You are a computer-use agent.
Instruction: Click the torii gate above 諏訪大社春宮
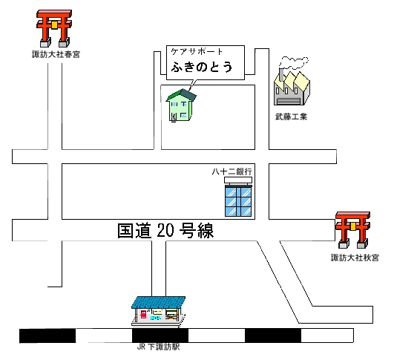pyautogui.click(x=54, y=28)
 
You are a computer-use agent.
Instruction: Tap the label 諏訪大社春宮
pyautogui.click(x=56, y=54)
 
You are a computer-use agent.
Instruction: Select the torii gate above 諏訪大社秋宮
pyautogui.click(x=352, y=230)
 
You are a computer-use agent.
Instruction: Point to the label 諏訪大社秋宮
pyautogui.click(x=355, y=258)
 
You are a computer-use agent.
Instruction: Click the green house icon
pyautogui.click(x=180, y=105)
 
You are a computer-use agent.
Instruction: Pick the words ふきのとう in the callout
pyautogui.click(x=202, y=67)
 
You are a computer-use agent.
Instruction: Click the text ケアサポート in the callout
pyautogui.click(x=197, y=51)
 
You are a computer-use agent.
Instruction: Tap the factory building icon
pyautogui.click(x=292, y=88)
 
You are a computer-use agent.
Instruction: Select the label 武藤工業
pyautogui.click(x=291, y=117)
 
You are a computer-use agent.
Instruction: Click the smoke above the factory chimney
pyautogui.click(x=294, y=62)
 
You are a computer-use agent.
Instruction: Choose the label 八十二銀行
pyautogui.click(x=232, y=171)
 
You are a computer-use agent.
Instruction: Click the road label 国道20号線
pyautogui.click(x=165, y=231)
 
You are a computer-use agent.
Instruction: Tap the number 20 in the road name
pyautogui.click(x=165, y=231)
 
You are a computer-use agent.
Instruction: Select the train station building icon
pyautogui.click(x=159, y=311)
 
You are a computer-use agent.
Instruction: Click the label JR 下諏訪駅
pyautogui.click(x=158, y=347)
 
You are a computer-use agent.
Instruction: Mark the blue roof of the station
pyautogui.click(x=159, y=302)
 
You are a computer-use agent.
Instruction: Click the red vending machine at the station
pyautogui.click(x=143, y=314)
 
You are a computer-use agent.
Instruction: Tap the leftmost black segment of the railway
pyautogui.click(x=47, y=336)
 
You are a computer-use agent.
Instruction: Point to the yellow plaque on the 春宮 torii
pyautogui.click(x=54, y=24)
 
